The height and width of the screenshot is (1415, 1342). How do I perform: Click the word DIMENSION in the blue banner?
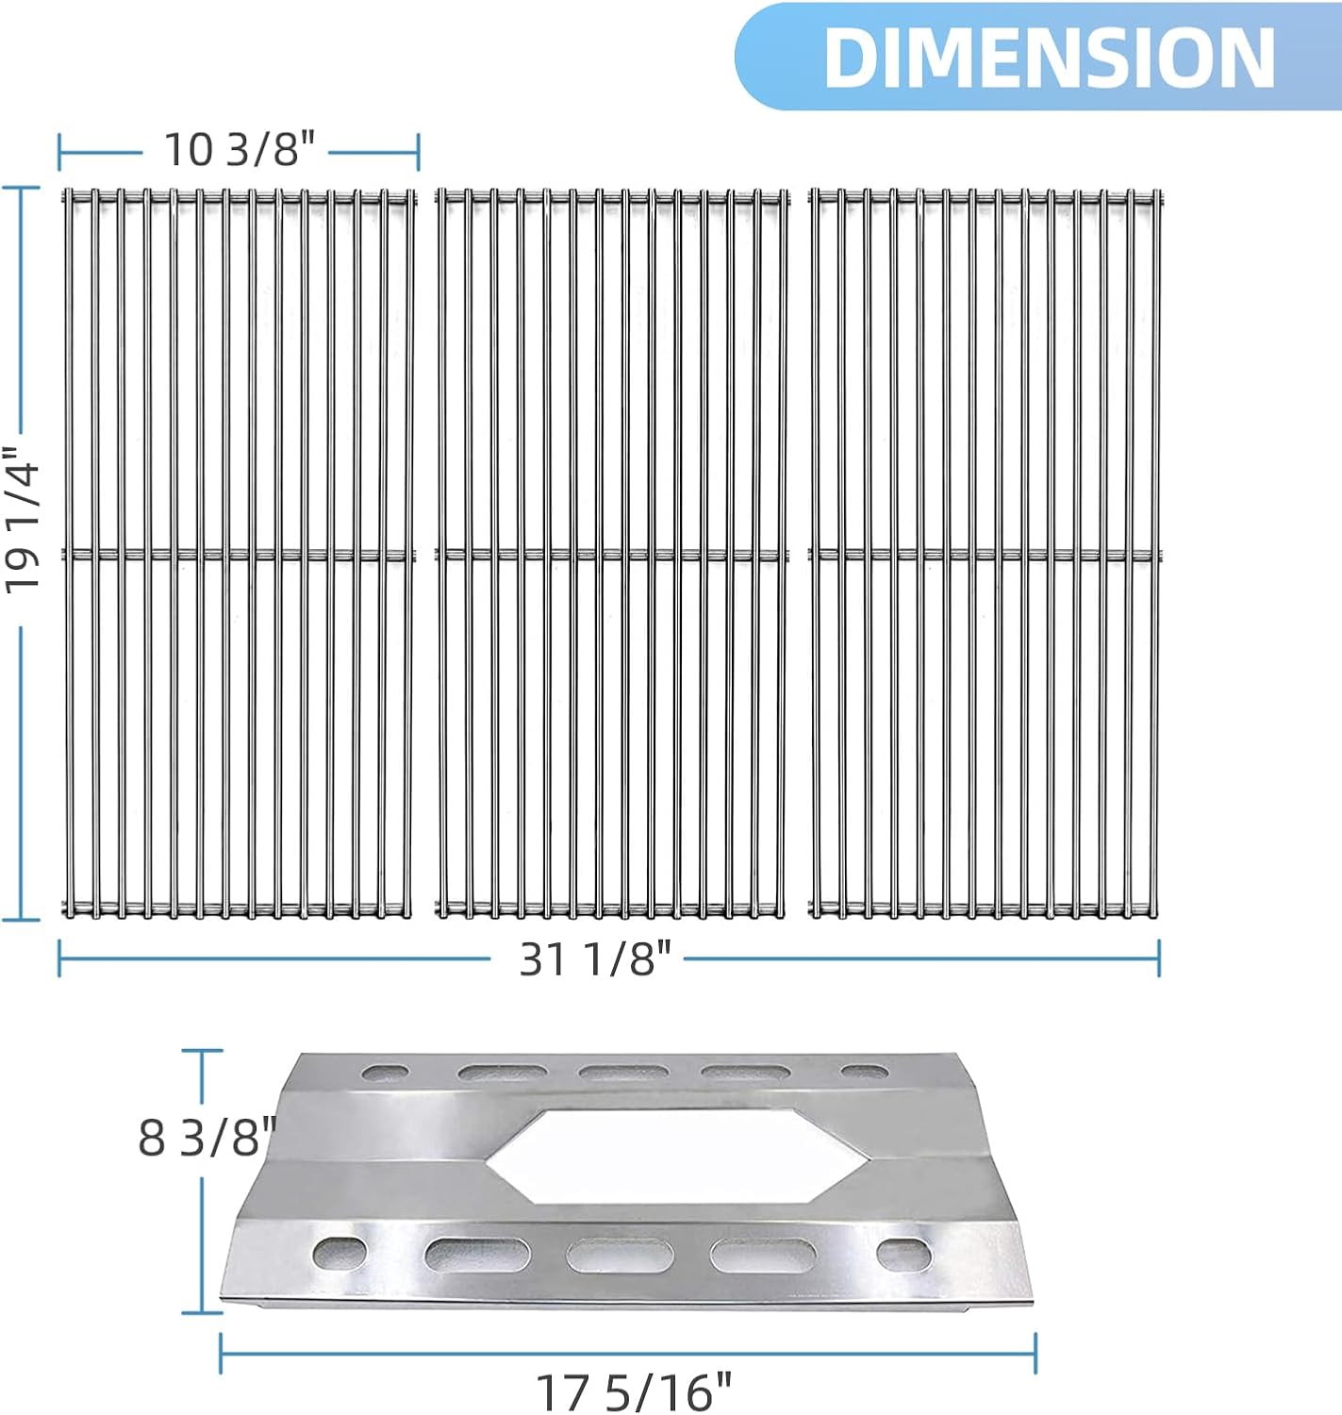pos(1049,58)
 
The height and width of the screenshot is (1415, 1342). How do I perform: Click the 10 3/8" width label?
pos(239,149)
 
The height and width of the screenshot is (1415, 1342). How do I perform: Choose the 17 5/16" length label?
pos(633,1391)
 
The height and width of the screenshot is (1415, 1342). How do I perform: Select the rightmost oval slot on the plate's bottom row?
pos(903,1254)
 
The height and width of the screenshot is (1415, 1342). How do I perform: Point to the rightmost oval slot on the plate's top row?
pos(865,1074)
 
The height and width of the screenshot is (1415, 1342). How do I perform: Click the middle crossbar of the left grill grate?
pos(239,555)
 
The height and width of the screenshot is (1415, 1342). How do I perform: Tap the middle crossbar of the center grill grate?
pos(611,555)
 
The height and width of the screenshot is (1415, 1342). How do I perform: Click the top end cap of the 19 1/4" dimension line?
pos(21,188)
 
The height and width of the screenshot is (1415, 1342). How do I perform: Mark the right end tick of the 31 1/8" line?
pos(1159,959)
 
